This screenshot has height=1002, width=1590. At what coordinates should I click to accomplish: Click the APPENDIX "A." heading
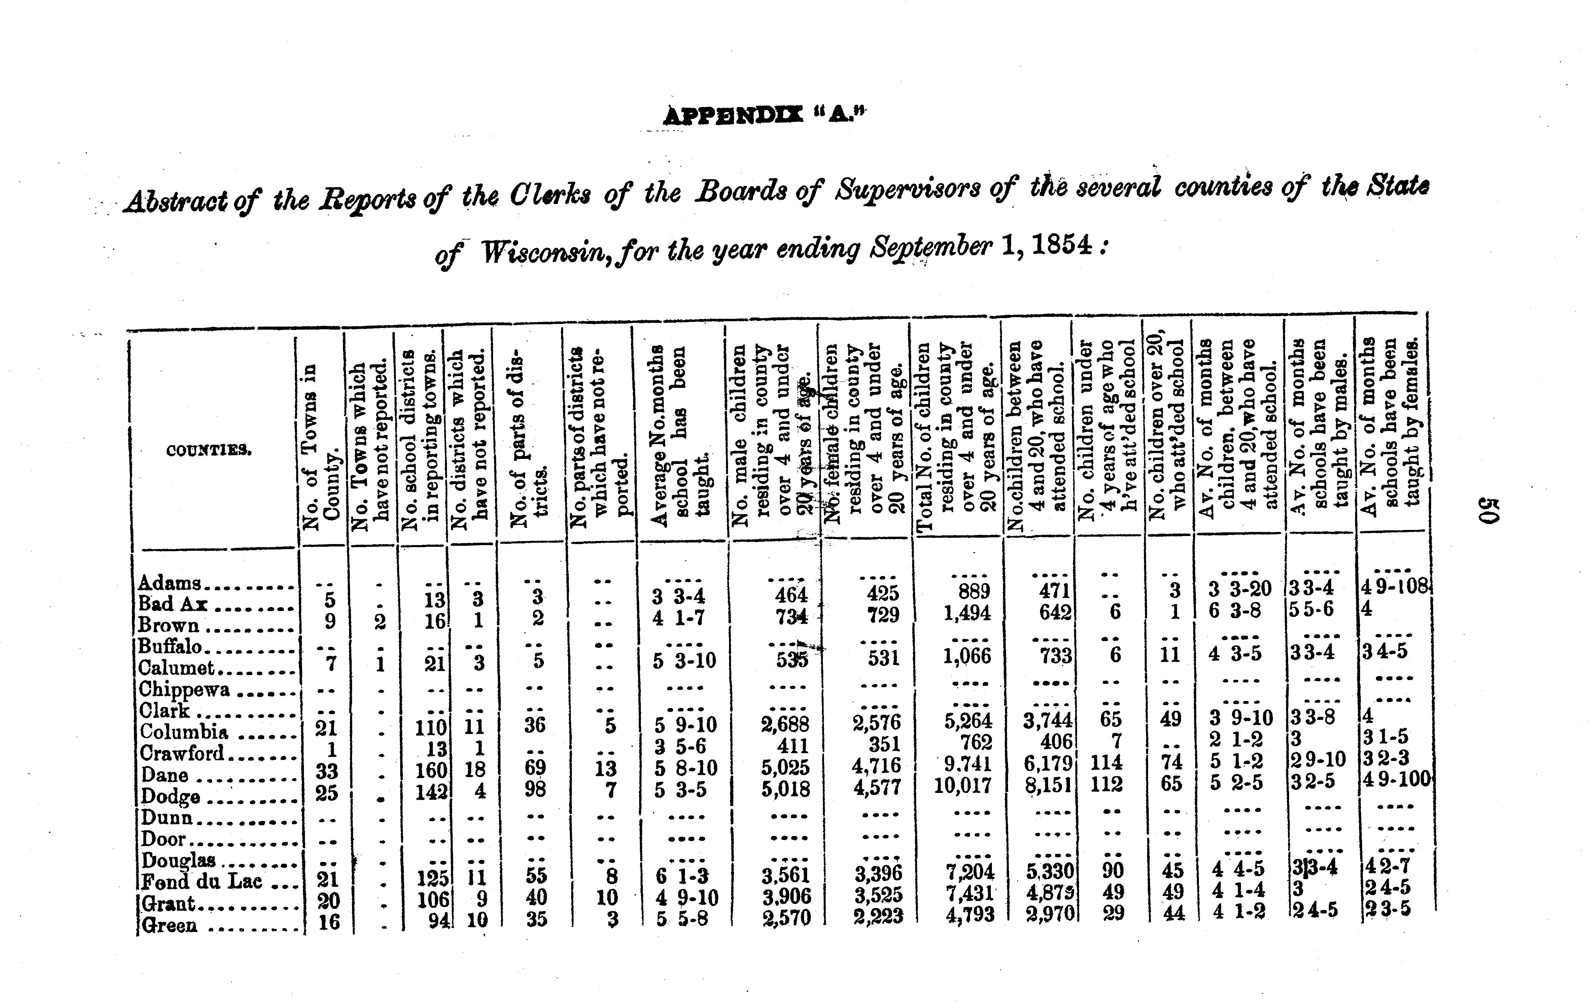(764, 116)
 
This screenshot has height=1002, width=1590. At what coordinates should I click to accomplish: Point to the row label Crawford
(182, 753)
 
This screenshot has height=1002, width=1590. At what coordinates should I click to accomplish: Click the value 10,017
(963, 786)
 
